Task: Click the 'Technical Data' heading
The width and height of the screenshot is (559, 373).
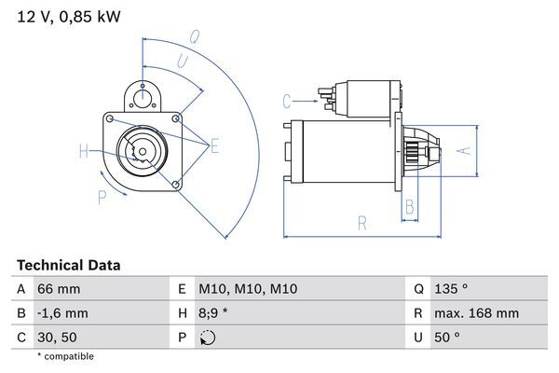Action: coord(68,266)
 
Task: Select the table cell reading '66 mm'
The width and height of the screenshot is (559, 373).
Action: coord(58,289)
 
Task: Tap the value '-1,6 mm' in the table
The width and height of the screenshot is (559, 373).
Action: coord(62,313)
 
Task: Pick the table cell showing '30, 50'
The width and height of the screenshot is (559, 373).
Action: coord(58,337)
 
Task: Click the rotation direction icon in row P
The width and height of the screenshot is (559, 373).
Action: coord(207,337)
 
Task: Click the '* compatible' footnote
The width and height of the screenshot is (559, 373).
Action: coord(65,356)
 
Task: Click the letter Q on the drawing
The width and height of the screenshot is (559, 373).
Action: coord(194,38)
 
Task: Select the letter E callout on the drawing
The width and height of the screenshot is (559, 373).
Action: coord(215,145)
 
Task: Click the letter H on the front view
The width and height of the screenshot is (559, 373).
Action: coord(83,151)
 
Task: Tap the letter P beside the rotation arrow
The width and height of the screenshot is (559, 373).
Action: coord(101,196)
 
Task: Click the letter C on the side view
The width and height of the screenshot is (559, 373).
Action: coord(287,101)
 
